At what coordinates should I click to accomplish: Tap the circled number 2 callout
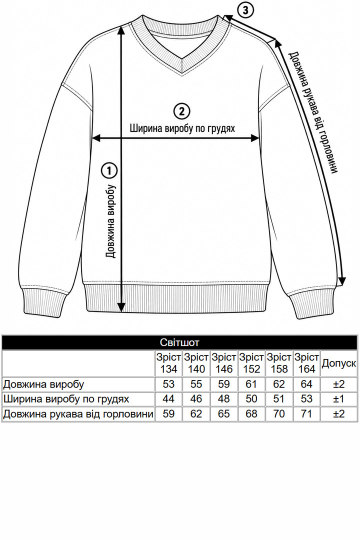[181, 111]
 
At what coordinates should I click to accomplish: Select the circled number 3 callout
[245, 10]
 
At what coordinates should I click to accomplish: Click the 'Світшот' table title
[179, 342]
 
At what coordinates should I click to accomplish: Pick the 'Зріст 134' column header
[168, 363]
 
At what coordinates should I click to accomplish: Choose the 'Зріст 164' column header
[306, 363]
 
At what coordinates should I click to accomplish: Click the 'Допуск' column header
[338, 363]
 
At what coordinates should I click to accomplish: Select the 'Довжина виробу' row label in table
[44, 384]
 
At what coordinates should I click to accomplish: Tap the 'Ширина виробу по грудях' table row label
[66, 399]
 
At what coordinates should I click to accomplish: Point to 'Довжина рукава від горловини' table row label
[78, 413]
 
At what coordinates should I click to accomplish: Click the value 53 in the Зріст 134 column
[168, 384]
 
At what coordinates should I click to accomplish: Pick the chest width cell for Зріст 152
[251, 399]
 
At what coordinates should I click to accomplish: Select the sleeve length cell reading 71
[306, 413]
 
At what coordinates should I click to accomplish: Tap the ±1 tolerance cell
[339, 399]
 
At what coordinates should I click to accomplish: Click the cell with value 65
[223, 413]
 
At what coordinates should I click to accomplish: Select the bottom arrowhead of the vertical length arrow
[121, 307]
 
